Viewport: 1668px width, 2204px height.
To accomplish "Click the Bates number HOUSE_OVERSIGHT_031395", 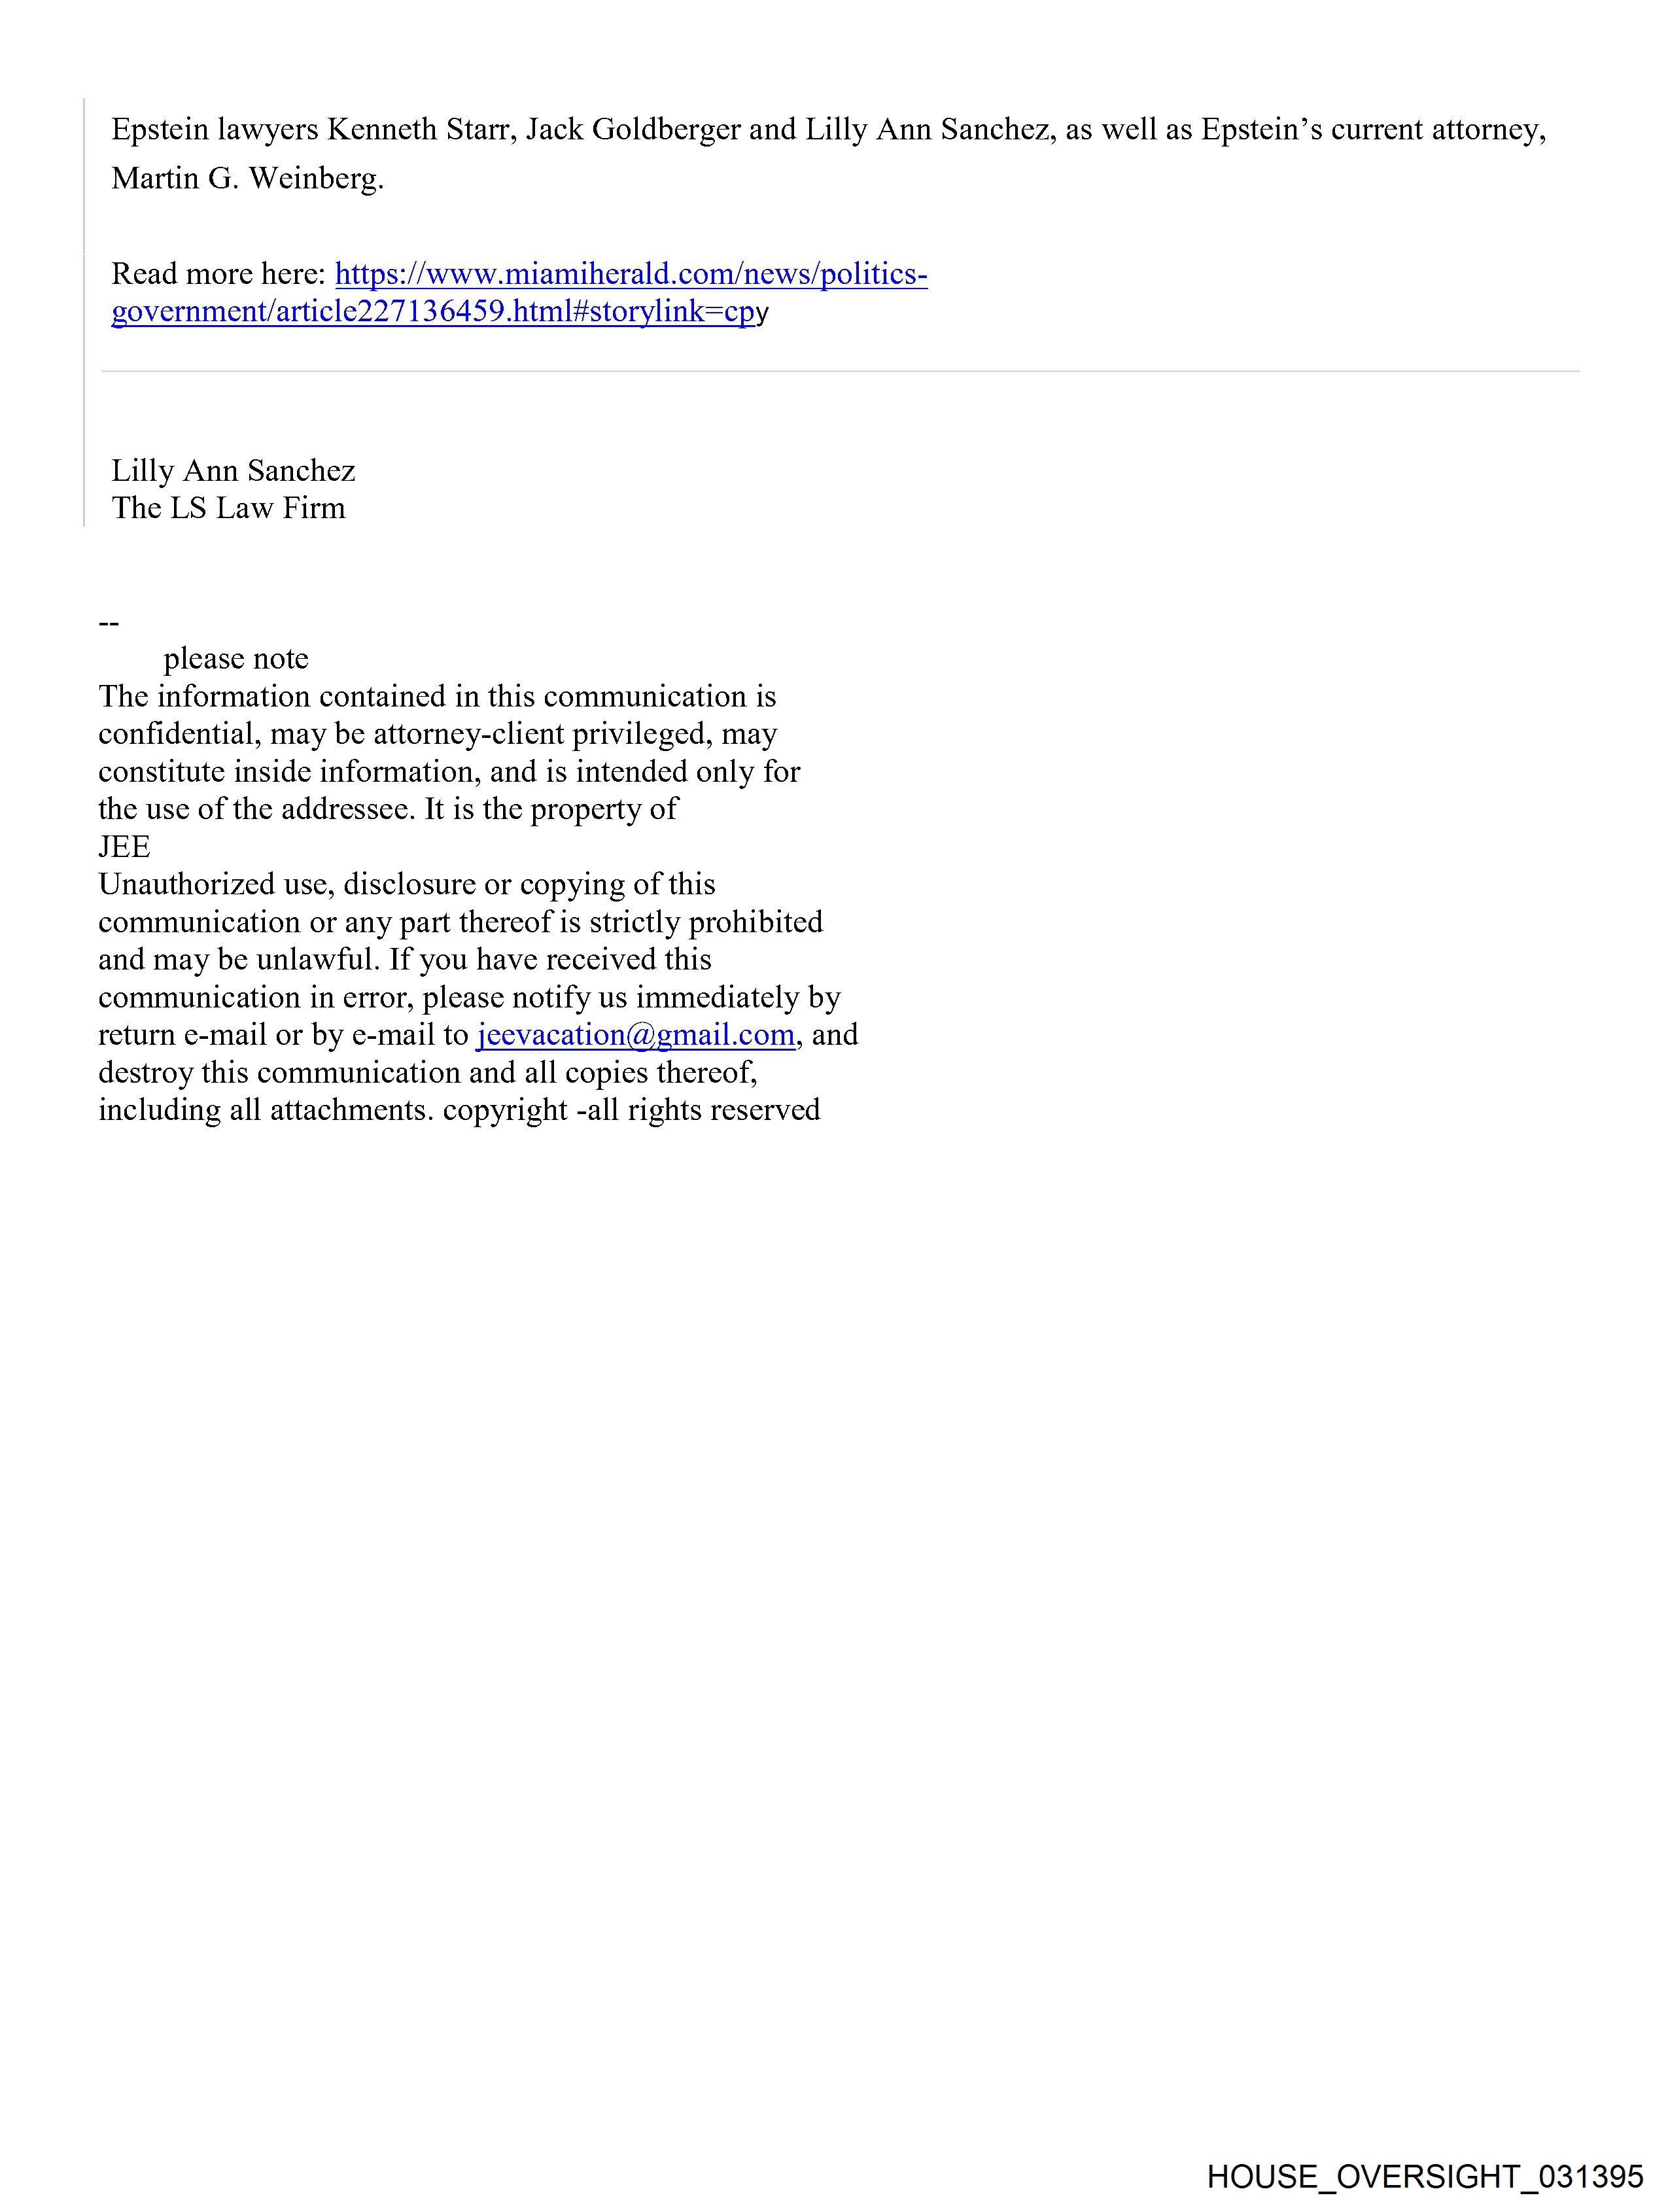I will [1425, 2176].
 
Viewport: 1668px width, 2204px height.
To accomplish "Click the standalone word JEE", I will [124, 847].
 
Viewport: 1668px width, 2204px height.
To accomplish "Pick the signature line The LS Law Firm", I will [228, 508].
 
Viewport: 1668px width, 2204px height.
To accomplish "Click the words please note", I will [236, 659].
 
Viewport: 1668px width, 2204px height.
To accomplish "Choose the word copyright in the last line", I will [505, 1110].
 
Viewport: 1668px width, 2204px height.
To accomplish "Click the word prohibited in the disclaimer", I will [756, 922].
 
